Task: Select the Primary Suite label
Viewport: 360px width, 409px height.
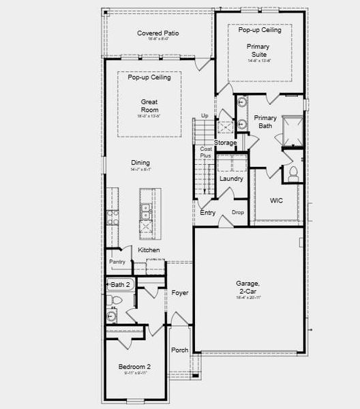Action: click(x=258, y=50)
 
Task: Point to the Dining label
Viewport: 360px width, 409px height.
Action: click(x=140, y=163)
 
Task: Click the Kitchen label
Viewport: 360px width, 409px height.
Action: click(x=149, y=250)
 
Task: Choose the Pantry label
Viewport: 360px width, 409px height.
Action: click(x=116, y=262)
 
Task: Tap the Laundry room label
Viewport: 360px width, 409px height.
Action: click(x=231, y=179)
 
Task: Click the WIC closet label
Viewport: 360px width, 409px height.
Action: click(x=276, y=201)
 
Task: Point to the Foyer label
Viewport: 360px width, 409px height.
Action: click(x=179, y=293)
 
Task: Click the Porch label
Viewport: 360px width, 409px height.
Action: click(x=179, y=350)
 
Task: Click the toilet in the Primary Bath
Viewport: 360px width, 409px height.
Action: click(x=293, y=173)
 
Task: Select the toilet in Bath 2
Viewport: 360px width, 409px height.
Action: click(x=115, y=299)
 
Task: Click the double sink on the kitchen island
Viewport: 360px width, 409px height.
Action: click(x=145, y=213)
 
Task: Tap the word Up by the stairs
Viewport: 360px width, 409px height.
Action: click(x=205, y=117)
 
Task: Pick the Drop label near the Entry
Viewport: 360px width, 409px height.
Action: click(x=237, y=213)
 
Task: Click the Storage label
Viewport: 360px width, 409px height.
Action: click(x=225, y=142)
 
